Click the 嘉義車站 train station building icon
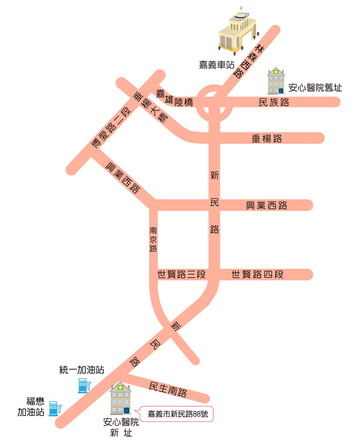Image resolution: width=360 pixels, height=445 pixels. tap(238, 32)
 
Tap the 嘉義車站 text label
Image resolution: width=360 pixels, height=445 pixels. tap(217, 65)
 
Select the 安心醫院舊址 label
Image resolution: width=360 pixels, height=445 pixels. tap(315, 88)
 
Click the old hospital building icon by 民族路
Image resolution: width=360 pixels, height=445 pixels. tap(276, 81)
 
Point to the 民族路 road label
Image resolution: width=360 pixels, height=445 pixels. tap(273, 102)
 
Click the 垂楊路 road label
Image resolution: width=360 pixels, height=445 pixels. tap(267, 139)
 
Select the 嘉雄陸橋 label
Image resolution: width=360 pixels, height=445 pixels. tap(174, 99)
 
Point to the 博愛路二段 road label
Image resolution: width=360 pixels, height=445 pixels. tap(111, 127)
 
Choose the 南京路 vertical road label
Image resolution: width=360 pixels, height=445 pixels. tap(153, 239)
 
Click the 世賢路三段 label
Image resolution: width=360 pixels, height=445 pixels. tap(182, 274)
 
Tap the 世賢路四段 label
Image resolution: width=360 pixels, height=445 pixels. tap(257, 274)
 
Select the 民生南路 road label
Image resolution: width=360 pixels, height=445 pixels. tap(168, 389)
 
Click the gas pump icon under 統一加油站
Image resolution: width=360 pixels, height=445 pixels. tap(84, 385)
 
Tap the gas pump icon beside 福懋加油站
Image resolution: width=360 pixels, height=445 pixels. tap(54, 409)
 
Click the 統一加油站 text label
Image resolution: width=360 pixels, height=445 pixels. tap(82, 370)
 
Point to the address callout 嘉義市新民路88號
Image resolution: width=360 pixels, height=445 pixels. tap(177, 414)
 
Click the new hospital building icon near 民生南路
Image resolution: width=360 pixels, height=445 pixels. tap(120, 398)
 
